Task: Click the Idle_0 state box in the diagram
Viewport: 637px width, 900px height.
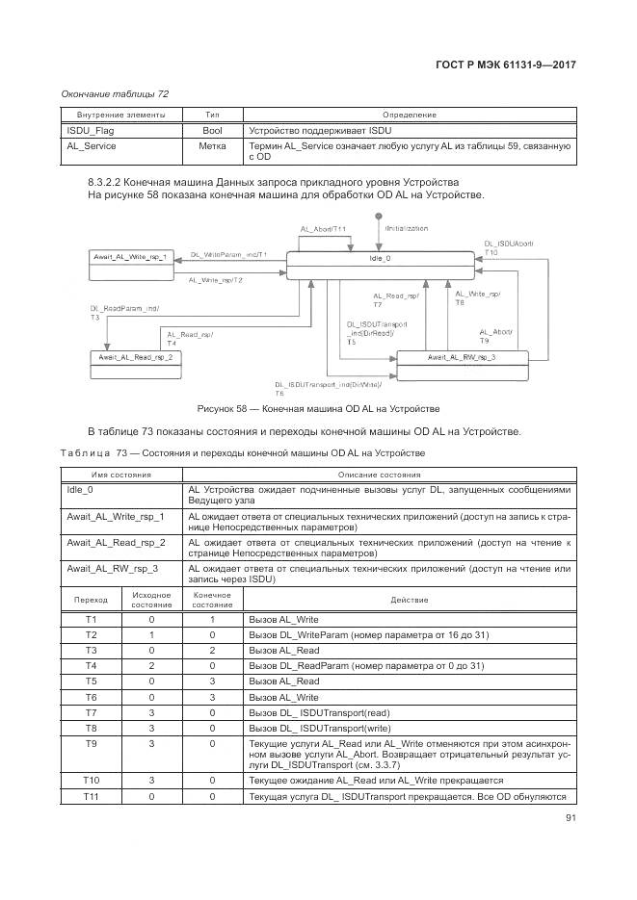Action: pyautogui.click(x=381, y=259)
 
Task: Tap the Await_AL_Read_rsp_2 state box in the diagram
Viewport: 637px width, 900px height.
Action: pyautogui.click(x=136, y=357)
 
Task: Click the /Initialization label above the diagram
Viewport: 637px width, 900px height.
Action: pyautogui.click(x=406, y=228)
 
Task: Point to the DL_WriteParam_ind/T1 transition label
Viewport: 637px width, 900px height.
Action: pyautogui.click(x=228, y=254)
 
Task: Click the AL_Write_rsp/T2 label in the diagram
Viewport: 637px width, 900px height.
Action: pyautogui.click(x=216, y=279)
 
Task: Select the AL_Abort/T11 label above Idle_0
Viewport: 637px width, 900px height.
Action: pyautogui.click(x=323, y=229)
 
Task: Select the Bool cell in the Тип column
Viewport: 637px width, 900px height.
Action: pyautogui.click(x=213, y=129)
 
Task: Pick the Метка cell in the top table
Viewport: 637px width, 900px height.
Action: pyautogui.click(x=213, y=146)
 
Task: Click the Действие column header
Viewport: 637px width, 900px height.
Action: pyautogui.click(x=410, y=599)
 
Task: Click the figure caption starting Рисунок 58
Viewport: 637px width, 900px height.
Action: pyautogui.click(x=318, y=408)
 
